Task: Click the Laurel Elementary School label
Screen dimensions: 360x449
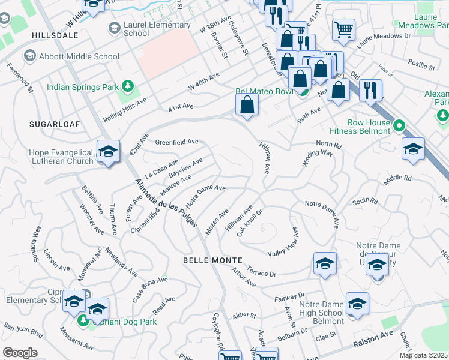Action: tap(157, 29)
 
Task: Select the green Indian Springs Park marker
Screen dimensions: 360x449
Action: tap(127, 87)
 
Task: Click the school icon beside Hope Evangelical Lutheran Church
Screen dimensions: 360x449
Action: tap(108, 152)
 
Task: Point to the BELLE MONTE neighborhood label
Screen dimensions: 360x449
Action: tap(214, 260)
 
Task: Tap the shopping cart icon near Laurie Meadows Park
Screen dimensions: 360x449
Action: tap(343, 28)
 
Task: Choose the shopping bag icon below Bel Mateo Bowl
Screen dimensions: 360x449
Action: tap(247, 105)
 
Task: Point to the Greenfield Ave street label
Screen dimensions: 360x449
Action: tap(176, 142)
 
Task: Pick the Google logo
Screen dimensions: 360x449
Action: tap(20, 353)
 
